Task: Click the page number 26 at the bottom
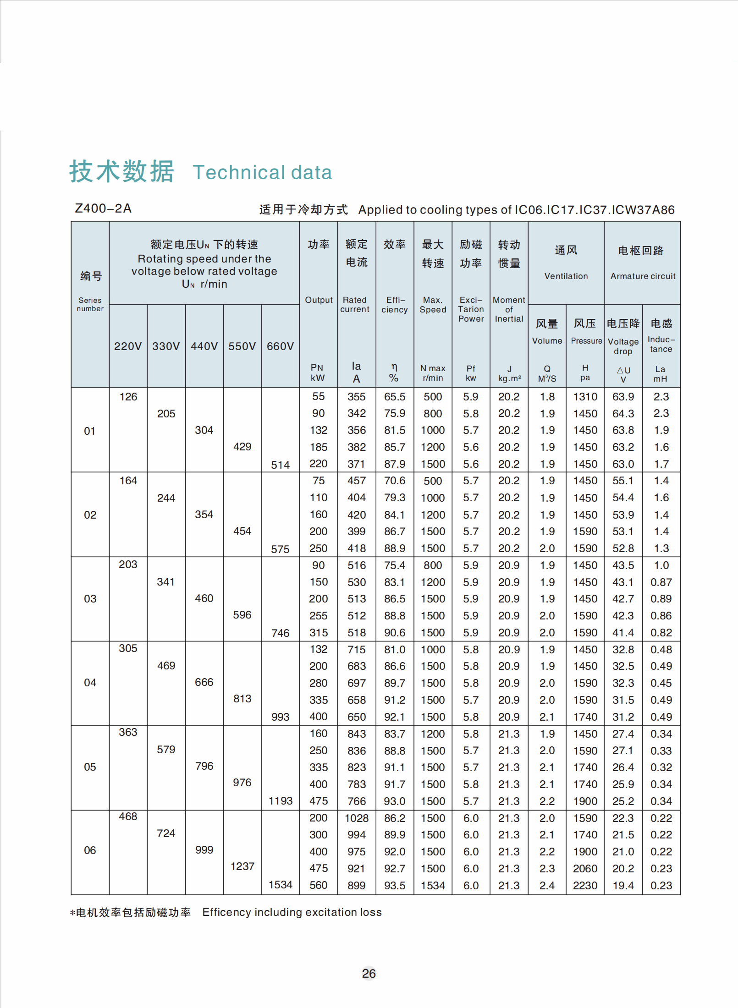(x=369, y=973)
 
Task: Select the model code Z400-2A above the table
(x=103, y=208)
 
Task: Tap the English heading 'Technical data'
(x=262, y=172)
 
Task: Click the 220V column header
(x=128, y=346)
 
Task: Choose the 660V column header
(x=280, y=346)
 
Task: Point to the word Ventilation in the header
(x=566, y=276)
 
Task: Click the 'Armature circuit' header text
(x=643, y=276)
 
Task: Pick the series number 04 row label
(x=90, y=683)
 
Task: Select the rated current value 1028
(x=357, y=818)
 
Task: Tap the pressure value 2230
(x=585, y=886)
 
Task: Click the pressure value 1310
(x=585, y=397)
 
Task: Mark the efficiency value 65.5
(x=394, y=397)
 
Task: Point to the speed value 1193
(x=280, y=801)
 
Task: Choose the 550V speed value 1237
(x=242, y=866)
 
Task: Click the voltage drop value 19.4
(x=623, y=886)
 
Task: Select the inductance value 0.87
(x=661, y=582)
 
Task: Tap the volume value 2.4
(x=547, y=886)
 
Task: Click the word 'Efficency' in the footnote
(x=226, y=912)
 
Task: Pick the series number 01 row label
(x=90, y=431)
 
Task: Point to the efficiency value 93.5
(x=394, y=886)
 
